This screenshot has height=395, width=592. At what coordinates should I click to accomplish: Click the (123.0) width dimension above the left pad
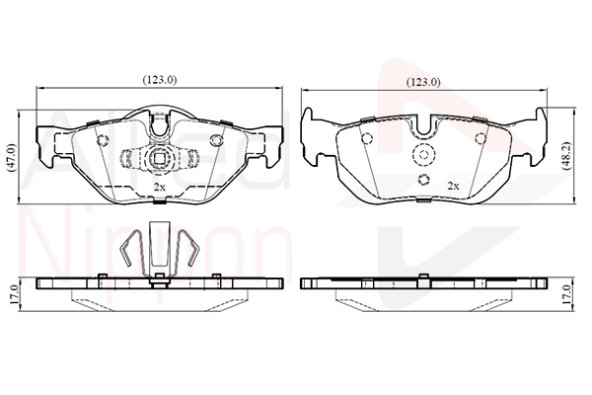point(159,80)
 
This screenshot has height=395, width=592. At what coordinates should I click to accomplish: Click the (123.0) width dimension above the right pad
point(423,82)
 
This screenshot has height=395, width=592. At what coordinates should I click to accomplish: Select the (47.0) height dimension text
point(12,158)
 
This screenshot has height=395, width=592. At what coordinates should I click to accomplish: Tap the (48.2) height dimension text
point(567,156)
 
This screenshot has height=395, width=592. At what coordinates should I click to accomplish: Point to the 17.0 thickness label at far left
point(13,295)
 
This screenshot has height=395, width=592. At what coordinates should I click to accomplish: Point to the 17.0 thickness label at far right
point(566,295)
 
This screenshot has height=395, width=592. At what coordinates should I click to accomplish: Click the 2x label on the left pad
point(159,187)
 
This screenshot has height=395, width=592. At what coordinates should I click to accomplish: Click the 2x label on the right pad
point(453,186)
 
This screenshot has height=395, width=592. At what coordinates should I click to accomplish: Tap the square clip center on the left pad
point(159,158)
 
